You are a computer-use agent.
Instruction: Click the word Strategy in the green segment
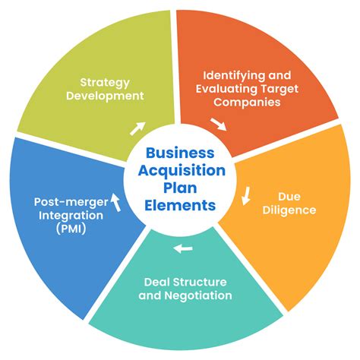point(105,82)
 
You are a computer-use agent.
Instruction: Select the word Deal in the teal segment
point(156,281)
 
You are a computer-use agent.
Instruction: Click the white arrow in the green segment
point(138,128)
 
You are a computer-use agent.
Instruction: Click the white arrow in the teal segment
point(182,248)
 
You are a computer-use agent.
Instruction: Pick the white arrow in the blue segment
point(115,201)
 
